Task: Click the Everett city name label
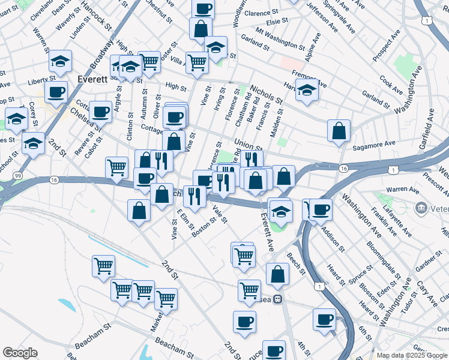coord(92,79)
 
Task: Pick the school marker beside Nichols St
coord(307,90)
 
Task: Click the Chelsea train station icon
coord(277,299)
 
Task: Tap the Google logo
coord(20,353)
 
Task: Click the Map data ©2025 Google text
coord(412,356)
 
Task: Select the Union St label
coord(249,145)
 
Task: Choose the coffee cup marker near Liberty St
coord(56,92)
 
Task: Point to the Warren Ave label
coord(402,190)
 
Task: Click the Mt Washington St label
coord(280,37)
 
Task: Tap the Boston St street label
coord(203,228)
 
